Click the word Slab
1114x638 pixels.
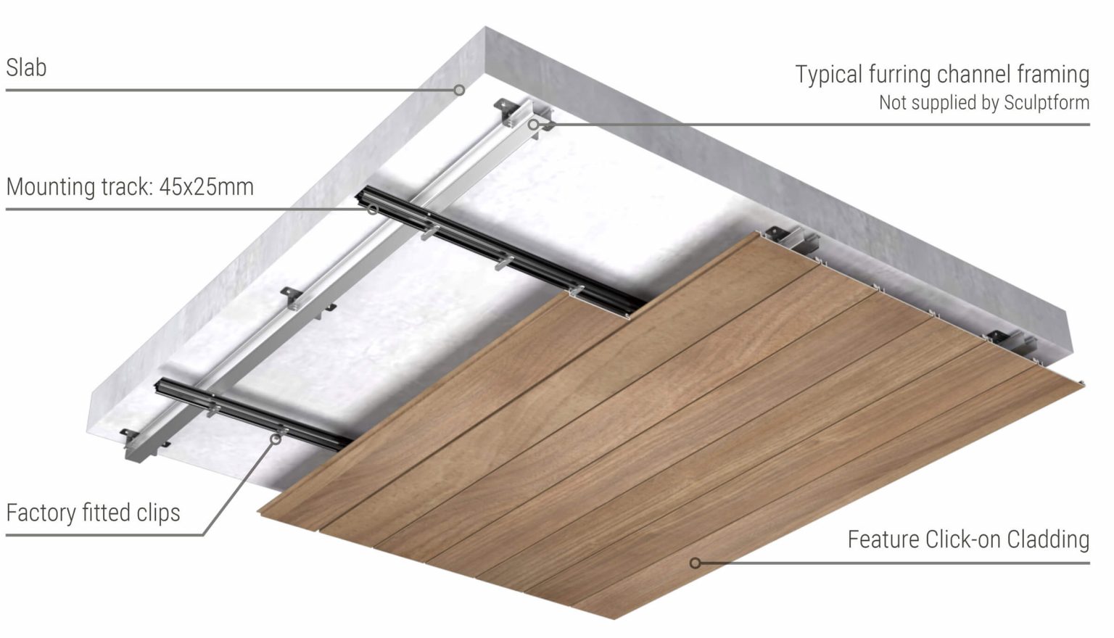point(26,67)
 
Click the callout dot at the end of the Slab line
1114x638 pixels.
point(459,90)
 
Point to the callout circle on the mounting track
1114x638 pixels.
point(373,210)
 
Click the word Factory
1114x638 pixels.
point(41,513)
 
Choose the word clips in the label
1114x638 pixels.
point(158,513)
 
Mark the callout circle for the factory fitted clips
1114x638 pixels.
point(276,439)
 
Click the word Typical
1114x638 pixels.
point(828,75)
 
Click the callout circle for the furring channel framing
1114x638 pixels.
point(533,124)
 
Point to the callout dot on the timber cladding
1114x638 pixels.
point(695,563)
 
